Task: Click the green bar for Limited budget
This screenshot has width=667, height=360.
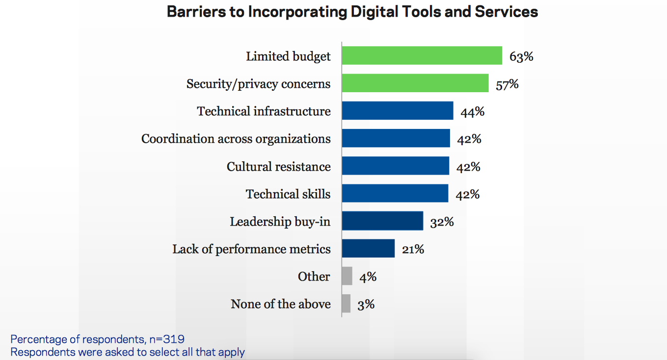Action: pos(422,56)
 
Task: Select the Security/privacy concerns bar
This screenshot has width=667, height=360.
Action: pos(415,83)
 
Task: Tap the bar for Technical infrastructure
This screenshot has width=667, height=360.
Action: pos(398,111)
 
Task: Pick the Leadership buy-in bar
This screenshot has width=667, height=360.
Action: pos(382,221)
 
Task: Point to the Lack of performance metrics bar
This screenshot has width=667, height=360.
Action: pos(368,249)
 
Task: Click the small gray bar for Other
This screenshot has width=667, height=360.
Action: pos(347,276)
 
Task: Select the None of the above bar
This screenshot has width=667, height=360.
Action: pos(346,304)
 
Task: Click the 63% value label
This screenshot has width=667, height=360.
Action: pos(521,56)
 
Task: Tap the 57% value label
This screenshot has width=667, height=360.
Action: pos(507,84)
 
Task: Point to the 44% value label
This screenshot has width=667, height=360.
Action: pos(472,111)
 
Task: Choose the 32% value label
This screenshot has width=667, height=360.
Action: pos(442,222)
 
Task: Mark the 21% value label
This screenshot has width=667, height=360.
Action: pos(412,249)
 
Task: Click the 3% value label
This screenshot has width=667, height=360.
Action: pos(366,304)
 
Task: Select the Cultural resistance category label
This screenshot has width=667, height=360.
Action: pos(278,167)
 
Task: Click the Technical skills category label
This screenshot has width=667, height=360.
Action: pos(288,194)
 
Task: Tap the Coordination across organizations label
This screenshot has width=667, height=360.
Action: pos(236,139)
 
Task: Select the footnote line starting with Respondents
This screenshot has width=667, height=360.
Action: pos(128,352)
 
